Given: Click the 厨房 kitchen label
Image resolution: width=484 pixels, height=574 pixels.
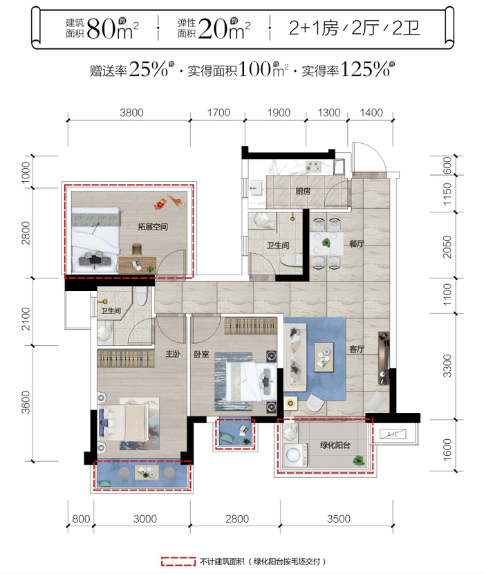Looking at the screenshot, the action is point(303,191).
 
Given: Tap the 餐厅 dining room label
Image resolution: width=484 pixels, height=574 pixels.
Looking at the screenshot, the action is point(357,244).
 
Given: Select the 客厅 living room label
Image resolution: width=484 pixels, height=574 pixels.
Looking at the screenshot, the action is point(357,349).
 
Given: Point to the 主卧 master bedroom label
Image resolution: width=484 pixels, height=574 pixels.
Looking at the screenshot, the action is point(173,353).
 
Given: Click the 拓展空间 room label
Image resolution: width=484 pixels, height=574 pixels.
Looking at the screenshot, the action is point(153,227).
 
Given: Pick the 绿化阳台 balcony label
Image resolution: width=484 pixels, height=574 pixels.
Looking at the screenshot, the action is point(335,445).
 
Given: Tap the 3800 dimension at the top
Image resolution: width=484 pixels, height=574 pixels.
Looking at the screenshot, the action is point(131,113).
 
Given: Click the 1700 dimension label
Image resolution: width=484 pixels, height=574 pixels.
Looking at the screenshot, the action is point(218,113).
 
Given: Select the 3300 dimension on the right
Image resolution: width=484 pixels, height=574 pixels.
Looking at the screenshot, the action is point(447,365).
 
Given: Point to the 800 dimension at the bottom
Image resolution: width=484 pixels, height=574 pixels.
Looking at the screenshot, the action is point(81,519).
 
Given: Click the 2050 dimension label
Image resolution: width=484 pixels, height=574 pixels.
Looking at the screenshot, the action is point(447,247).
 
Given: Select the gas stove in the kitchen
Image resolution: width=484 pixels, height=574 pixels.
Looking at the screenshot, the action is point(313,167).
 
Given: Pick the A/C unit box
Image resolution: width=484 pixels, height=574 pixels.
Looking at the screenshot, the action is point(393,434).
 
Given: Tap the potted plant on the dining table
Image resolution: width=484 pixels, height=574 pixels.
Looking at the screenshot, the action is point(326,242).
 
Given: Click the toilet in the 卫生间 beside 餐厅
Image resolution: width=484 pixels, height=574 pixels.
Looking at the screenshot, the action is point(292,259).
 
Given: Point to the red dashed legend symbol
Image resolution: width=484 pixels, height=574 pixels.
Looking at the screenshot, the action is point(178,562).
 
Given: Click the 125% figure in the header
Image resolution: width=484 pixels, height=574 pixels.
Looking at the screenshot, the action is point(365,69).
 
